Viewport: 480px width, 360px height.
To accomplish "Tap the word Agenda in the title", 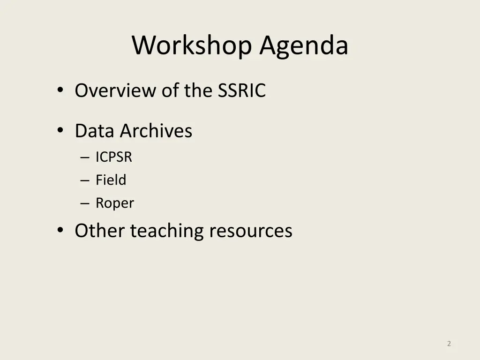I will pyautogui.click(x=304, y=46).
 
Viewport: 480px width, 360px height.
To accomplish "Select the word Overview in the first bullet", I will pyautogui.click(x=116, y=90).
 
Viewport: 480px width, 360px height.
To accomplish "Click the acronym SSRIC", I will pyautogui.click(x=241, y=90).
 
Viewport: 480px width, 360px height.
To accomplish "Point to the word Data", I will pyautogui.click(x=95, y=131).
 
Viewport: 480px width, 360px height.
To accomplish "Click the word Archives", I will pyautogui.click(x=156, y=131).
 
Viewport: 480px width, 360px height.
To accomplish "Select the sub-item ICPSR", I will pyautogui.click(x=114, y=157).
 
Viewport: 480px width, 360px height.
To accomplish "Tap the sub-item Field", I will pyautogui.click(x=111, y=180).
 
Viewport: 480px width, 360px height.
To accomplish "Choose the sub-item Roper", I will pyautogui.click(x=115, y=203).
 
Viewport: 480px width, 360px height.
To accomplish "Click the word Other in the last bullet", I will pyautogui.click(x=100, y=231).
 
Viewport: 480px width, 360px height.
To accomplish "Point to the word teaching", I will pyautogui.click(x=167, y=231).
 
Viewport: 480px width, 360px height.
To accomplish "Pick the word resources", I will pyautogui.click(x=250, y=231).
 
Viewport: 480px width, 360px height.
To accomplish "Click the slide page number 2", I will pyautogui.click(x=449, y=344).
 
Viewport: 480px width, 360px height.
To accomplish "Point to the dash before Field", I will pyautogui.click(x=84, y=180).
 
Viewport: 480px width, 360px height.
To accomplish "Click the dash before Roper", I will pyautogui.click(x=84, y=203).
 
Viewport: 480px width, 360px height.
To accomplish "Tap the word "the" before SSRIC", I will pyautogui.click(x=199, y=90).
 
